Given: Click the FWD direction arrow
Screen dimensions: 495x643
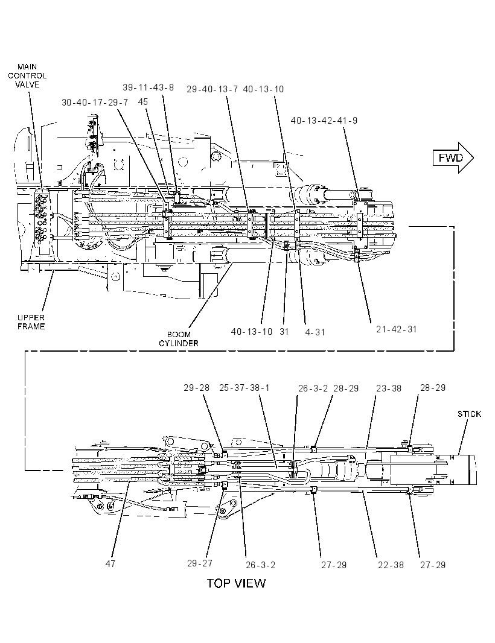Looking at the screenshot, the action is pos(453,158).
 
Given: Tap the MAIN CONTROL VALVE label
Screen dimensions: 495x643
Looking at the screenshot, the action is pos(28,75).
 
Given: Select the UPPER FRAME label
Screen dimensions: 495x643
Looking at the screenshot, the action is pos(31,322).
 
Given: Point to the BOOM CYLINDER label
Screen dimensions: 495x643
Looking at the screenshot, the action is pos(179,339).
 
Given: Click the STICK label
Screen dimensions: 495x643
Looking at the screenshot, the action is pos(469,414).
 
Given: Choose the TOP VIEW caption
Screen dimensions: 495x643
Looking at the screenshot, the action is pos(236,583).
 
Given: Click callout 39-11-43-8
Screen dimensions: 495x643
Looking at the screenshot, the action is pos(148,87).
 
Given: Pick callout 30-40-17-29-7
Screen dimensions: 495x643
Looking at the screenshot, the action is pos(95,102).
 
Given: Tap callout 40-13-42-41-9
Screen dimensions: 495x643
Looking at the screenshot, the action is pos(324,121).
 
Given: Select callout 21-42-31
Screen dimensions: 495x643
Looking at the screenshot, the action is pos(396,329).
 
